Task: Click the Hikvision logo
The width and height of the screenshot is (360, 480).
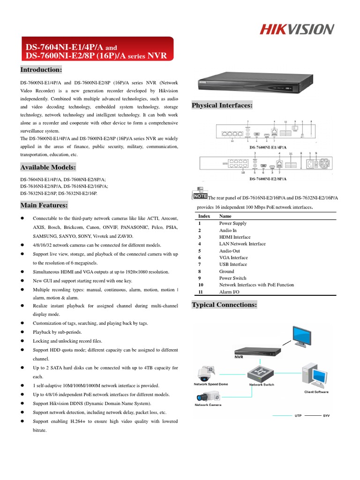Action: [x=297, y=30]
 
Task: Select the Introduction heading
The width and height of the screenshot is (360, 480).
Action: [x=41, y=70]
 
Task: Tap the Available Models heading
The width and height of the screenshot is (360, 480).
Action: [x=48, y=167]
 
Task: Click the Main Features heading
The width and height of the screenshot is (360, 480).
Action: [x=44, y=205]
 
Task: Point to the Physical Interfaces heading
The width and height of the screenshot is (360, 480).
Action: [x=222, y=105]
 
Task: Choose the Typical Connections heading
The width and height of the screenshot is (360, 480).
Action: [x=225, y=305]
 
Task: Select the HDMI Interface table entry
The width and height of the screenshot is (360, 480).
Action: [x=235, y=237]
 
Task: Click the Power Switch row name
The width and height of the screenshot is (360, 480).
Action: [x=233, y=278]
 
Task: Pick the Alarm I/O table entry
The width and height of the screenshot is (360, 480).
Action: [x=229, y=292]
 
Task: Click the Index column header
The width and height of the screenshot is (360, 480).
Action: [x=204, y=217]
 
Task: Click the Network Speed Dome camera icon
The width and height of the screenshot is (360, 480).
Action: [x=206, y=373]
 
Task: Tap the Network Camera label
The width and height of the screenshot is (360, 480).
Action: [x=208, y=405]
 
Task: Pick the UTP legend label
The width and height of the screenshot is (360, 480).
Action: [x=298, y=416]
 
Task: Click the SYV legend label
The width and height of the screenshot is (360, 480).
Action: [x=326, y=416]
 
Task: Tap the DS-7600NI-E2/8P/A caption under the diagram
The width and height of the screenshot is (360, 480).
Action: [x=268, y=179]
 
